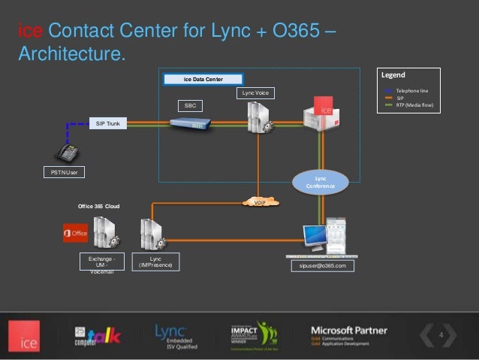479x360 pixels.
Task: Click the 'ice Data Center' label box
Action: point(203,78)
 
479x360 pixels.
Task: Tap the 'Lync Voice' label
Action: point(255,92)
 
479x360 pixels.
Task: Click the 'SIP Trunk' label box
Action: point(108,123)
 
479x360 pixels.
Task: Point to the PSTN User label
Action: point(63,172)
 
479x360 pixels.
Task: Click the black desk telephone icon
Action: point(67,153)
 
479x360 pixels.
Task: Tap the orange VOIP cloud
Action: point(261,202)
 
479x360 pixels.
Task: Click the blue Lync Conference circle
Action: point(320,180)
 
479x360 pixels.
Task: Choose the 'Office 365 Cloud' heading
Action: point(99,205)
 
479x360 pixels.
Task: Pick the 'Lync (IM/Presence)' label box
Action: point(155,262)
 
